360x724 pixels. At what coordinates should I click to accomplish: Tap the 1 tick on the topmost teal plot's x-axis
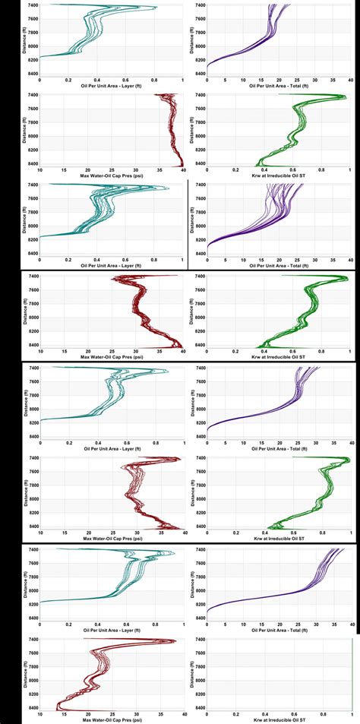pos(182,78)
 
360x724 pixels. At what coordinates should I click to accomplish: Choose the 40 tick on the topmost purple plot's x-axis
pos(350,78)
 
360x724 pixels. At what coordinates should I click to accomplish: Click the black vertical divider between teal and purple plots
pos(188,224)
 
